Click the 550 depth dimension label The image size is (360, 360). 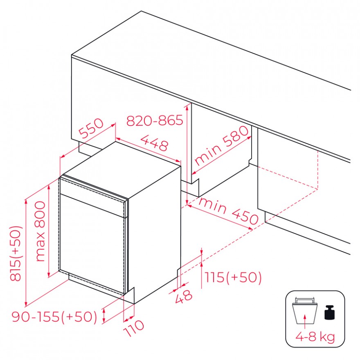(x=91, y=128)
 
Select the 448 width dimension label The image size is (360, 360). (x=155, y=143)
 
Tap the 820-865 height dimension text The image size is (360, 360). (x=155, y=120)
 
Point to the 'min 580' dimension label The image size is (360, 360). (x=222, y=145)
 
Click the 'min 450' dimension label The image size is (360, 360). (x=229, y=211)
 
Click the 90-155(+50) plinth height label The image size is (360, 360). (x=55, y=317)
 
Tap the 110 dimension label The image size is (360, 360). (x=134, y=328)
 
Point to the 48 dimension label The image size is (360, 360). (x=183, y=296)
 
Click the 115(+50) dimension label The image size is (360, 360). (x=233, y=277)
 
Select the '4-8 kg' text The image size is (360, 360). (x=315, y=337)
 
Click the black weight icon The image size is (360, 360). (x=330, y=312)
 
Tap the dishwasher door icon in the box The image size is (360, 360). (x=305, y=311)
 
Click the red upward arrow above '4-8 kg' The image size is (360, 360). (x=305, y=322)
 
